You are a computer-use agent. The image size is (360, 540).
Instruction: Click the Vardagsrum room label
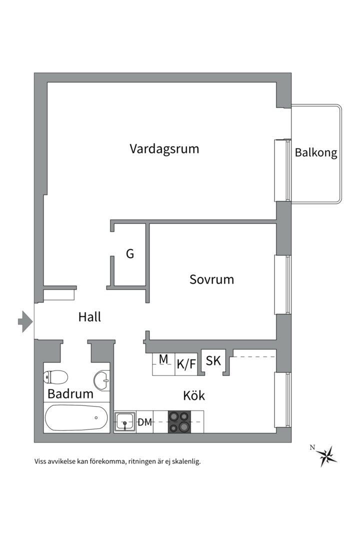(164, 148)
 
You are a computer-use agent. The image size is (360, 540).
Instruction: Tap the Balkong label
(315, 153)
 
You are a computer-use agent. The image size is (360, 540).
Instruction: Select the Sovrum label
(211, 279)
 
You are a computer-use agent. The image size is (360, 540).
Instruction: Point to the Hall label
(89, 317)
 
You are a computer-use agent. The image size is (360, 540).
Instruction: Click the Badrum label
(70, 394)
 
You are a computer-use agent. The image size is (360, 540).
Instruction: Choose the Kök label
(194, 396)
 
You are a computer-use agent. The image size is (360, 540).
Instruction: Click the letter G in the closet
(130, 254)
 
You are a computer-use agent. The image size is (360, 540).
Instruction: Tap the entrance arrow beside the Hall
(24, 321)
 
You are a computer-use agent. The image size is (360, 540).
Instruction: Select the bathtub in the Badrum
(76, 418)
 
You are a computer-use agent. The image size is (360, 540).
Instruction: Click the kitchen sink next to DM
(124, 422)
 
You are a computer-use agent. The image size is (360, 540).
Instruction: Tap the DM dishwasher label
(144, 422)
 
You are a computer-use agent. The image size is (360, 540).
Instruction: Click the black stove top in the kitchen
(180, 421)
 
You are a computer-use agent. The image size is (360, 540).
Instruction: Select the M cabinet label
(163, 358)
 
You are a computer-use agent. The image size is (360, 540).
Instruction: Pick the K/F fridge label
(186, 364)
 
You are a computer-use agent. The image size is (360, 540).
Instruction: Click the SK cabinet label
(213, 361)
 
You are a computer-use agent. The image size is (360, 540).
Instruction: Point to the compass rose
(328, 455)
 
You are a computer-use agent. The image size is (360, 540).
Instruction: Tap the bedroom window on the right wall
(283, 285)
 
